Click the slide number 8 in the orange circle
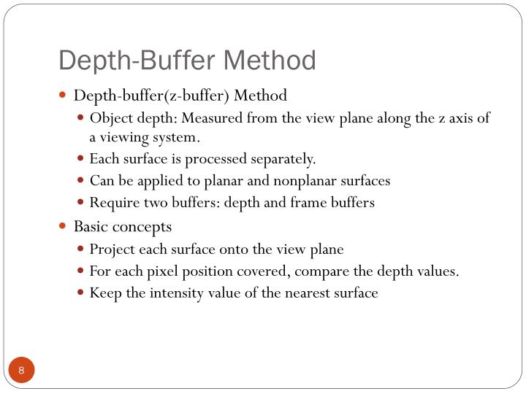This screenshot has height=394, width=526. (x=22, y=371)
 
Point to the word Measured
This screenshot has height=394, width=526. (x=211, y=118)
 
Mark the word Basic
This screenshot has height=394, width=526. (x=91, y=226)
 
